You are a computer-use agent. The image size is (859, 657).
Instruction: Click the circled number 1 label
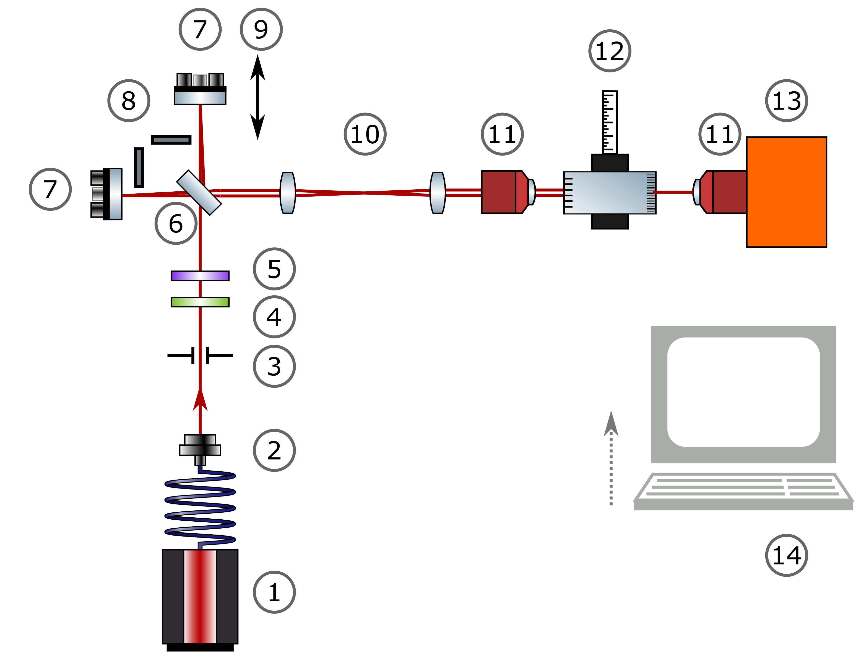point(274,592)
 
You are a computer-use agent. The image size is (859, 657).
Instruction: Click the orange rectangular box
point(786,192)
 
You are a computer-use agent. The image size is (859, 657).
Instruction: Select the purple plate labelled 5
point(200,276)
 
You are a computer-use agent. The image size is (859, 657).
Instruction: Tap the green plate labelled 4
point(200,302)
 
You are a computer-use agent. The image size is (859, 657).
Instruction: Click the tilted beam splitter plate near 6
point(199,192)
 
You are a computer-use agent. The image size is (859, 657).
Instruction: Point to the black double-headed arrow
point(257,97)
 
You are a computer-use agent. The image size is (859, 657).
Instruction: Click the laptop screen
point(743,392)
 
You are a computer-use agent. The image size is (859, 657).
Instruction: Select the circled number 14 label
point(786,555)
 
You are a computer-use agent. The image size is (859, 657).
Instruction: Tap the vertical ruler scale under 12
point(610,122)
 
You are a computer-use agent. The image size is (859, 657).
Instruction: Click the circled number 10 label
point(365,134)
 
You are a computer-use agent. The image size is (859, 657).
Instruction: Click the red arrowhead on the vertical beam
point(200,401)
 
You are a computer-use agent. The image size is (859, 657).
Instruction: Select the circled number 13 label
point(786,101)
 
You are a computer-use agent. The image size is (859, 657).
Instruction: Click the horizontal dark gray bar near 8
point(171,140)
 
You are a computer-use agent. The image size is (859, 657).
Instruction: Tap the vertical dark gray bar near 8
point(138,167)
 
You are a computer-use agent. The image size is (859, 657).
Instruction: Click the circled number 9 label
point(261,29)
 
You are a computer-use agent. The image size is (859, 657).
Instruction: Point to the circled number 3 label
point(274,366)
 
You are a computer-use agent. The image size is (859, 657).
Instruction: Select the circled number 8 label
point(129,101)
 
